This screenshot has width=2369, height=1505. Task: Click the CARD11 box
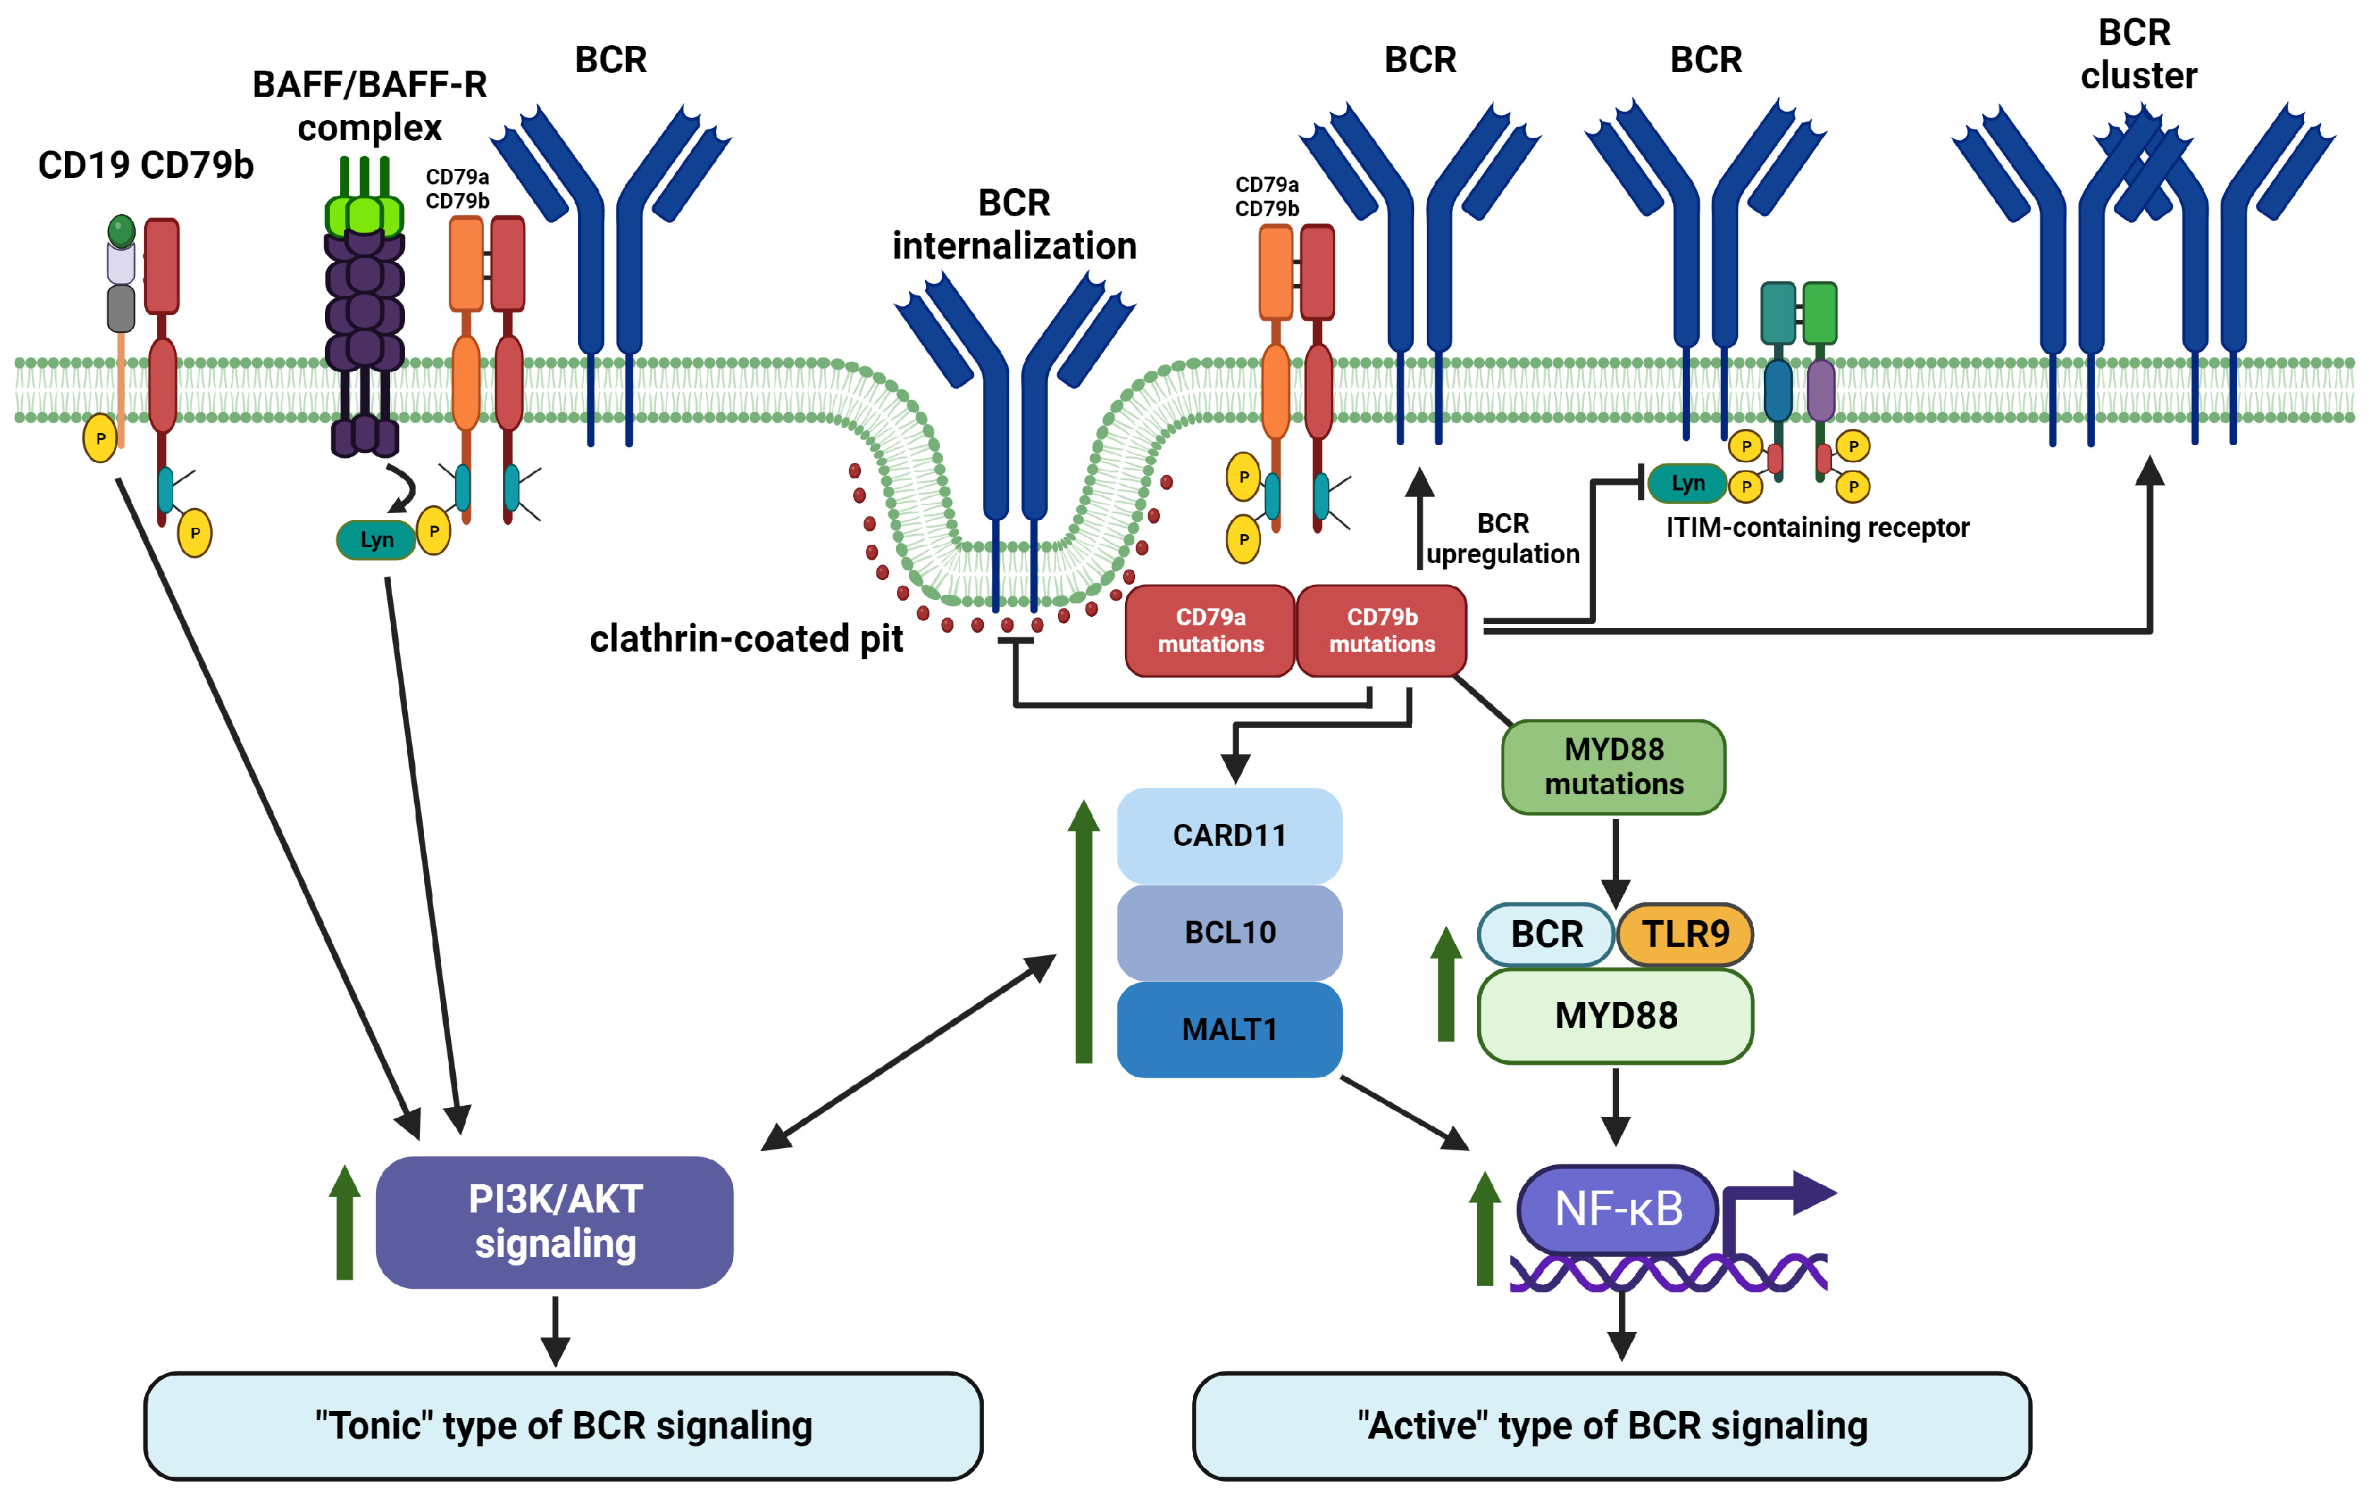tap(1229, 835)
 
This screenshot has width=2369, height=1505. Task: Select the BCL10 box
tap(1229, 931)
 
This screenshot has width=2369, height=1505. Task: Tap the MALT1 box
tap(1229, 1029)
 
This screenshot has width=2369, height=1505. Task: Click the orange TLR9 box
tap(1684, 933)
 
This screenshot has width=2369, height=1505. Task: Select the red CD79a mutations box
tap(1210, 630)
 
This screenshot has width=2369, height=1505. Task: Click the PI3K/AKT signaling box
tap(555, 1222)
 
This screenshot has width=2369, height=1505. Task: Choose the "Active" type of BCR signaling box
tap(1611, 1425)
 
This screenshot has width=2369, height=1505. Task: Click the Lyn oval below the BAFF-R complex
tap(376, 540)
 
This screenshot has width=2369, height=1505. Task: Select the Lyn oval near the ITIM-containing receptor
tap(1687, 483)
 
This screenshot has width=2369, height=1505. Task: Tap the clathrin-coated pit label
tap(746, 639)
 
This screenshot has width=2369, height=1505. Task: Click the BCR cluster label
tap(2136, 54)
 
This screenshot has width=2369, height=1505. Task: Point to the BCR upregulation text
tap(1503, 538)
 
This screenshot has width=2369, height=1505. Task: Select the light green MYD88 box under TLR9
tap(1616, 1015)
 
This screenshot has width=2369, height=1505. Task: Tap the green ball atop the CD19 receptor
tap(121, 231)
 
